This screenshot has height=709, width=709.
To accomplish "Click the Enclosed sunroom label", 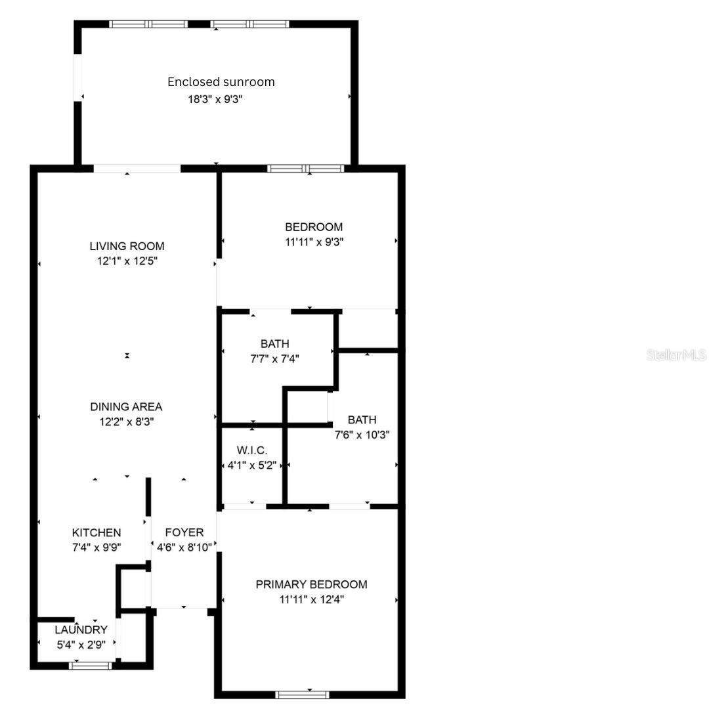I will coord(221,82).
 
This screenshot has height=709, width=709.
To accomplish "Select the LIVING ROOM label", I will coord(127,246).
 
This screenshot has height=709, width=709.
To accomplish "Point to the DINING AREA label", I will coord(126,407).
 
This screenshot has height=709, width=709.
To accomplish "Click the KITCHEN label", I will coord(97,532).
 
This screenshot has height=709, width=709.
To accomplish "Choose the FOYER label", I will coord(184,532).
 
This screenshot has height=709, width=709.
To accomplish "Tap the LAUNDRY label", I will coord(81,630).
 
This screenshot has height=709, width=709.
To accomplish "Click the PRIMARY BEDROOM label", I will coord(311,584).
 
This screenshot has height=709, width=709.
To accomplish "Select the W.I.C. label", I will coord(251,451).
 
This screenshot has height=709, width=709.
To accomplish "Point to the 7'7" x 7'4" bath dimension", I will coord(274,358).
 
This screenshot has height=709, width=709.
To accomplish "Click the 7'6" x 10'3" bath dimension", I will coord(362,434).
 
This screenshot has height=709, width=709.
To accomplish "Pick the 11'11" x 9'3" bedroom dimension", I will coord(313,242).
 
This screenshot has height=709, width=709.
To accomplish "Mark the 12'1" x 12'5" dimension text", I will coord(127,261).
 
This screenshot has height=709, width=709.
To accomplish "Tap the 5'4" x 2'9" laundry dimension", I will coord(81,645).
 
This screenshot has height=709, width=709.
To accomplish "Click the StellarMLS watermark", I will coord(676,355).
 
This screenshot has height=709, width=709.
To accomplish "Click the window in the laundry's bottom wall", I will coord(91,666).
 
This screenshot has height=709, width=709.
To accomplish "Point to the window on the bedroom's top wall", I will coord(306,169).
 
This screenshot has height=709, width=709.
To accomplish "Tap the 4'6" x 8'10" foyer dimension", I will coord(184,547).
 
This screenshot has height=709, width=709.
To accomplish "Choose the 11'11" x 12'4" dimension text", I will coord(311,599).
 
